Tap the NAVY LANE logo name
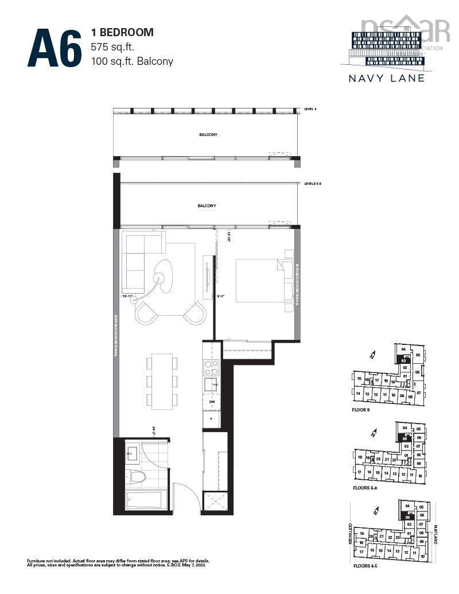[387, 77]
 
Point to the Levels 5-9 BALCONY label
[207, 205]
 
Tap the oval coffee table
[165, 276]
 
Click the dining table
[161, 381]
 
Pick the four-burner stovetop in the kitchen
[211, 367]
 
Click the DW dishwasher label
[211, 402]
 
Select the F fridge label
[211, 419]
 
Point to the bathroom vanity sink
[130, 455]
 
